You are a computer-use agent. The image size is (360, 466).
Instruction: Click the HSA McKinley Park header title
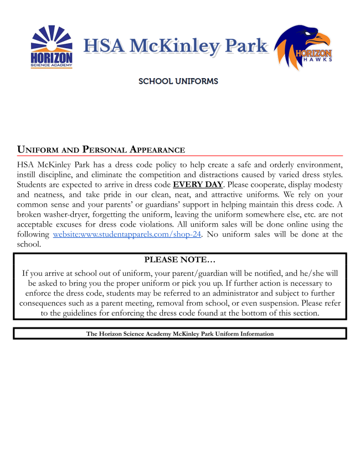click(176, 46)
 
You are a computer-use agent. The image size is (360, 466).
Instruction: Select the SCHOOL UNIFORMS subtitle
click(178, 81)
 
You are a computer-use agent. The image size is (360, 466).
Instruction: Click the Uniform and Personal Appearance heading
click(101, 150)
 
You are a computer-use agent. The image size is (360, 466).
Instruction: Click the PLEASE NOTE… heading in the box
click(180, 259)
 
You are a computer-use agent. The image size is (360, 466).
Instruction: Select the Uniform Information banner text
click(180, 334)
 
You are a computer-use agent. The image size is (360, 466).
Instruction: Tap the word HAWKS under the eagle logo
click(320, 59)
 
